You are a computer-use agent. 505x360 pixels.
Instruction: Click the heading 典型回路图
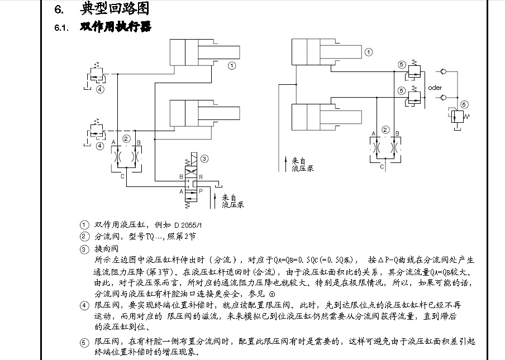115,9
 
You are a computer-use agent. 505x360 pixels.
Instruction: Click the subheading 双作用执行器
116,27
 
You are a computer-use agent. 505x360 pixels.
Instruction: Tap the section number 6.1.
61,27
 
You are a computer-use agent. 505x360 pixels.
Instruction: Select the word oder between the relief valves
435,88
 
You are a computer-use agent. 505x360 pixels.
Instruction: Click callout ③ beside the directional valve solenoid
204,159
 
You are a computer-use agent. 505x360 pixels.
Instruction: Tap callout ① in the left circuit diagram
231,65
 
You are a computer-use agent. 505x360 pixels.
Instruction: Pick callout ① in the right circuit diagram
369,52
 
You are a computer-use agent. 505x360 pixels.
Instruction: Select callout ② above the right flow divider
385,129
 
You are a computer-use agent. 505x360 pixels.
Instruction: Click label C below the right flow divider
382,166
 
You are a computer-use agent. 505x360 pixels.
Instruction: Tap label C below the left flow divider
122,176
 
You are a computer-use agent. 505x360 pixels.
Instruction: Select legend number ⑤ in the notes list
84,341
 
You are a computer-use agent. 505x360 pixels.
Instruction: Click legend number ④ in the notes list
84,305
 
